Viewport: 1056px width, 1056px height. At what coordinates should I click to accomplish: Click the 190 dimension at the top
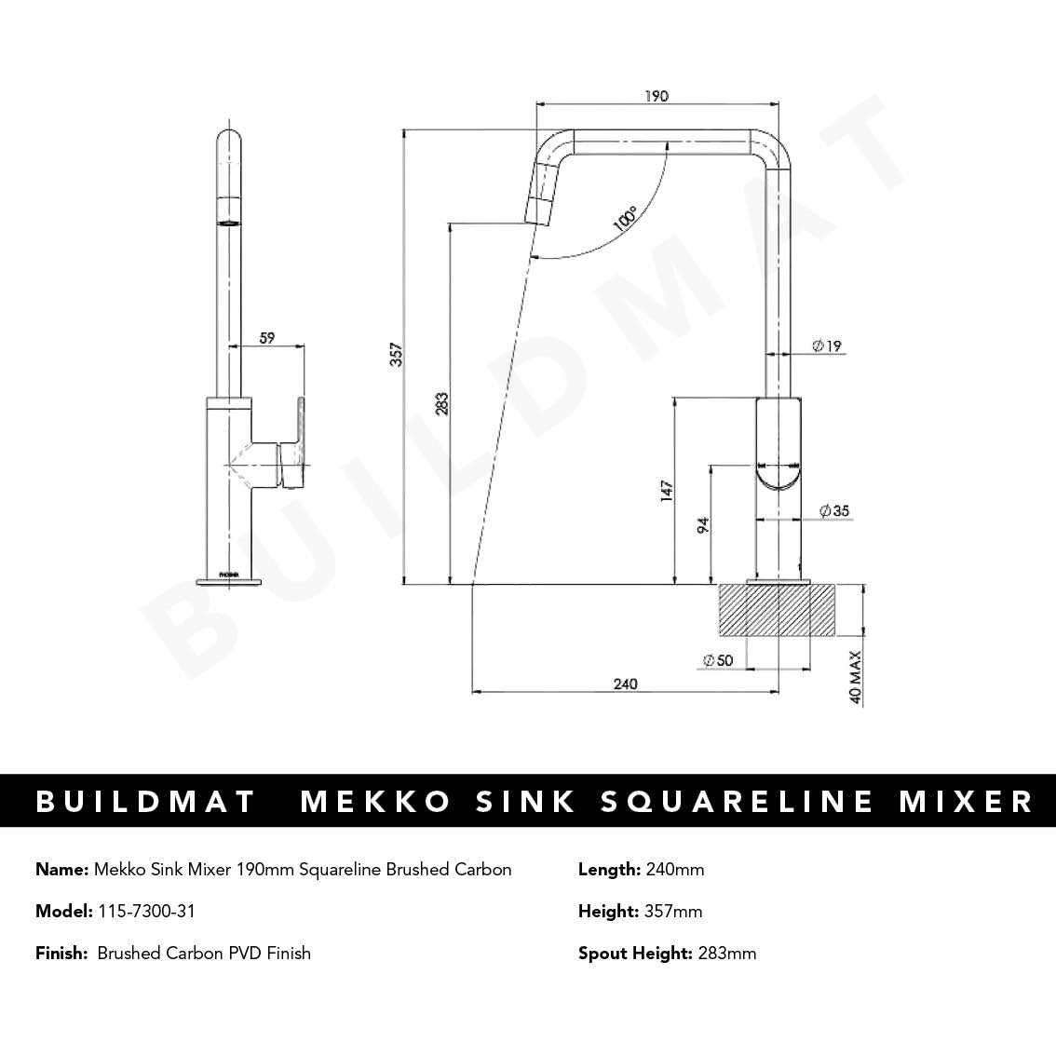[x=656, y=96]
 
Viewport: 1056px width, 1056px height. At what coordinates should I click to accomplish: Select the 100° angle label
[x=625, y=220]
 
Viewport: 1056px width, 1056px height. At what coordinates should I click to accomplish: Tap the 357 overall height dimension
[x=396, y=355]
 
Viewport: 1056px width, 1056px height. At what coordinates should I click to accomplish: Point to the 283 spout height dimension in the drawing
[x=442, y=403]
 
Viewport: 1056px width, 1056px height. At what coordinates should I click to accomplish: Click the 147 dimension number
[x=667, y=492]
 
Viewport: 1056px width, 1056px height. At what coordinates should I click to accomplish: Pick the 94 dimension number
[x=704, y=526]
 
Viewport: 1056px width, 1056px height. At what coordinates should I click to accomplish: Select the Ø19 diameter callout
[x=827, y=345]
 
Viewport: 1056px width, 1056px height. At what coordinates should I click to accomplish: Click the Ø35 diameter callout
[x=834, y=510]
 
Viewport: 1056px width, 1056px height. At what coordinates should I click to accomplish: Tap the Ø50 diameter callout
[x=718, y=660]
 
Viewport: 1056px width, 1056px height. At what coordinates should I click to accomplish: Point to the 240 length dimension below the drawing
[x=626, y=684]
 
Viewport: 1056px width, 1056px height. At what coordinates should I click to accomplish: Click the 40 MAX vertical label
[x=856, y=677]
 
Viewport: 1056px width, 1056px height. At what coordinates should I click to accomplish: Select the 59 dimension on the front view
[x=267, y=338]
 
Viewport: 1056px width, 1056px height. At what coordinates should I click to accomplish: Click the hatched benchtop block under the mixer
[x=778, y=611]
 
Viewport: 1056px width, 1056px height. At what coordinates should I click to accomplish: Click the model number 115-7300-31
[x=146, y=911]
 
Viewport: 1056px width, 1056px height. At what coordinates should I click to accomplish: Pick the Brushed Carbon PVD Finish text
[x=204, y=953]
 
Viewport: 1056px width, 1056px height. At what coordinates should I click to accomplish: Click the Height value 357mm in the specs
[x=673, y=911]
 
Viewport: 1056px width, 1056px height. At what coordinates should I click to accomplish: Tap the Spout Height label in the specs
[x=635, y=953]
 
